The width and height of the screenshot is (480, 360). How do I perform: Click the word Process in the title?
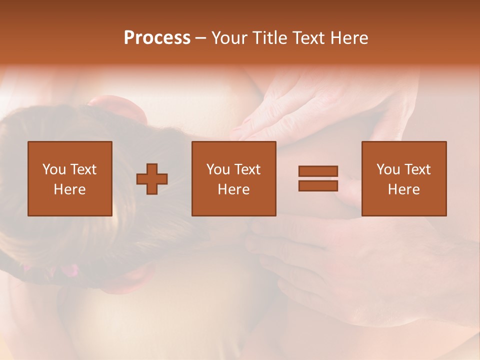click(157, 38)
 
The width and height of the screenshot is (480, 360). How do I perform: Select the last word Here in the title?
click(350, 38)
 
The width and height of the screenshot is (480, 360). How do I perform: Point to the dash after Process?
click(201, 38)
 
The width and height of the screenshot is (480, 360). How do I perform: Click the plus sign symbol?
click(152, 178)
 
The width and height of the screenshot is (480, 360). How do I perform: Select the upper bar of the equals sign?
click(318, 171)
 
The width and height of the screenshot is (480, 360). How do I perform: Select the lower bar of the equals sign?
click(318, 185)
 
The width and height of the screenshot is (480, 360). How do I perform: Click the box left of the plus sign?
click(70, 178)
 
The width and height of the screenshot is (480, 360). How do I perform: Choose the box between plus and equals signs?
click(233, 178)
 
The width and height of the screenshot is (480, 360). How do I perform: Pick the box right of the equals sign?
click(404, 178)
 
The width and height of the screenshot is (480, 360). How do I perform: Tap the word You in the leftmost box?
click(53, 169)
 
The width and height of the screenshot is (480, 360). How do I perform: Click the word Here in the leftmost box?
click(70, 189)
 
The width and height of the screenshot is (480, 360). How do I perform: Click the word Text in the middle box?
click(247, 169)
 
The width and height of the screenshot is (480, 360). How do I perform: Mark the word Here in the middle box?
click(234, 189)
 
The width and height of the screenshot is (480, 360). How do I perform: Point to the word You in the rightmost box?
click(388, 169)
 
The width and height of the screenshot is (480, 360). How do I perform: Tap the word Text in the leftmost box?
click(83, 169)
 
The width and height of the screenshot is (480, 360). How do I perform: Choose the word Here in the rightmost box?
click(404, 189)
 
